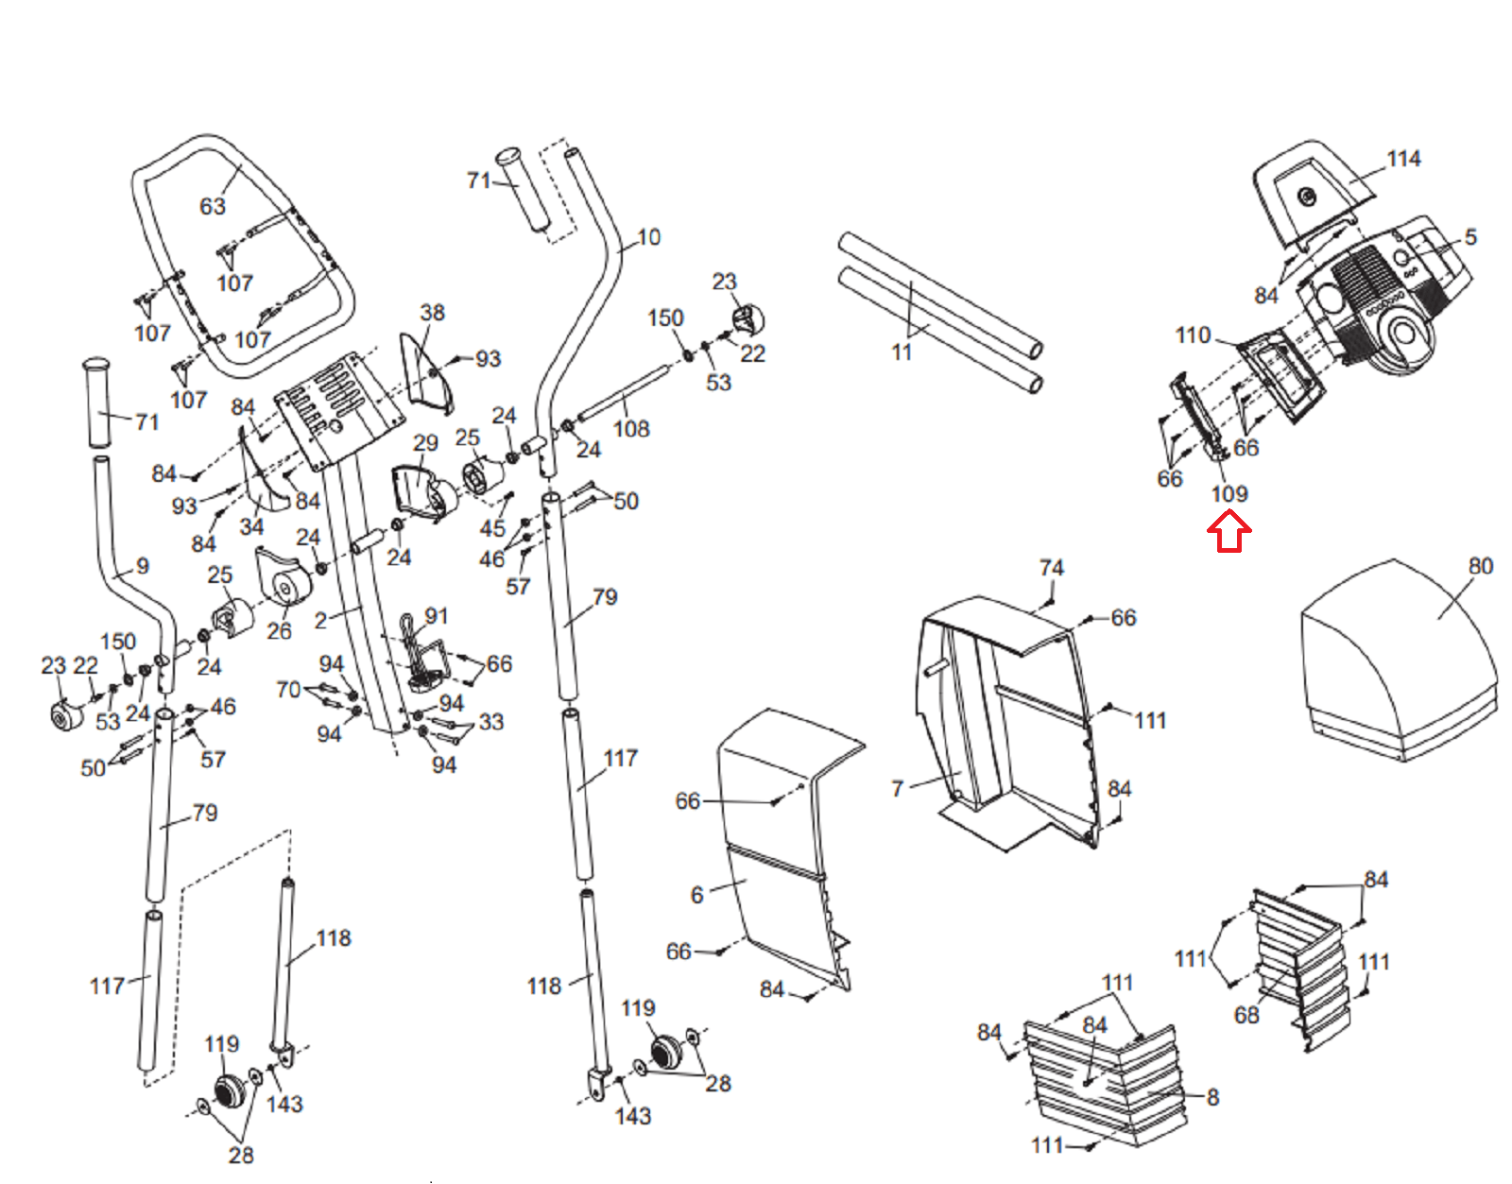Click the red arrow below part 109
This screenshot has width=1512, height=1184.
pos(1228,531)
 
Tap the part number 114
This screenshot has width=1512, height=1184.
pos(1403,159)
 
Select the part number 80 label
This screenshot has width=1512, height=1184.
pos(1481,566)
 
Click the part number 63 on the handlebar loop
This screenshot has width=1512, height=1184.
pos(213,206)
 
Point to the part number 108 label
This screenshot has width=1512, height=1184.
pos(631,428)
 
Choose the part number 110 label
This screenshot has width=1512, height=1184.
pos(1193,335)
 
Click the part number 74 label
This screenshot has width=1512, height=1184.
pos(1052,568)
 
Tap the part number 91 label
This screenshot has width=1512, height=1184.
pos(437,616)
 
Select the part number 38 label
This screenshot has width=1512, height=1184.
pos(432,313)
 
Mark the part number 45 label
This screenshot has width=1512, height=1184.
pos(492,528)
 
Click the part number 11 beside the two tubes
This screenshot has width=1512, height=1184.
pos(902,352)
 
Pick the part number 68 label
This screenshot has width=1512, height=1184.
pos(1246,1015)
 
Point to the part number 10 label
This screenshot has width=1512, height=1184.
pos(648,237)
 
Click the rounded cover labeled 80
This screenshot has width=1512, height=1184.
pos(1399,661)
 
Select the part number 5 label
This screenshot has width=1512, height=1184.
pos(1470,236)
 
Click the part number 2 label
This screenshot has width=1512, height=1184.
pos(320,621)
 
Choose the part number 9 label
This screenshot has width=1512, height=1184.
pos(143,566)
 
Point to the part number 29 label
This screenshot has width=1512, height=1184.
pos(425,443)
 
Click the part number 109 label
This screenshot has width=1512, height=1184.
pos(1229,494)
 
